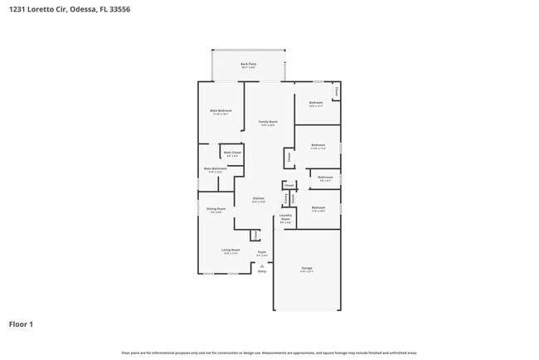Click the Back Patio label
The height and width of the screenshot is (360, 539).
[248, 64]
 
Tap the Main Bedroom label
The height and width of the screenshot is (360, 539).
[220, 111]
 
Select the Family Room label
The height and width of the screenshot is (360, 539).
[268, 122]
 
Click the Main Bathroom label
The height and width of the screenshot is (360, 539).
[215, 169]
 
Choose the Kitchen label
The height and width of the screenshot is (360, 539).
[258, 199]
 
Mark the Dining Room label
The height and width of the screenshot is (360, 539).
[216, 209]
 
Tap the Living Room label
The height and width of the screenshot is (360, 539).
[230, 250]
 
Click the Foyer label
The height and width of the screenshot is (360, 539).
[261, 251]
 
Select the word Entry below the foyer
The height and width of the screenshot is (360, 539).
[262, 271]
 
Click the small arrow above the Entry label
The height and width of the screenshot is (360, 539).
[262, 265]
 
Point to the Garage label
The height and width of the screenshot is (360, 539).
[307, 268]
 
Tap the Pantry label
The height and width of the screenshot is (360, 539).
[286, 197]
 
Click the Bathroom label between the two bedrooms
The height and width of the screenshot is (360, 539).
[325, 177]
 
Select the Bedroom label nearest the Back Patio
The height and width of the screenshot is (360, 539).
[315, 104]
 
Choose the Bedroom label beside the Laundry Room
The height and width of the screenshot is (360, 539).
[318, 207]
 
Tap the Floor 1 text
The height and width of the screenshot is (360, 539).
[21, 324]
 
